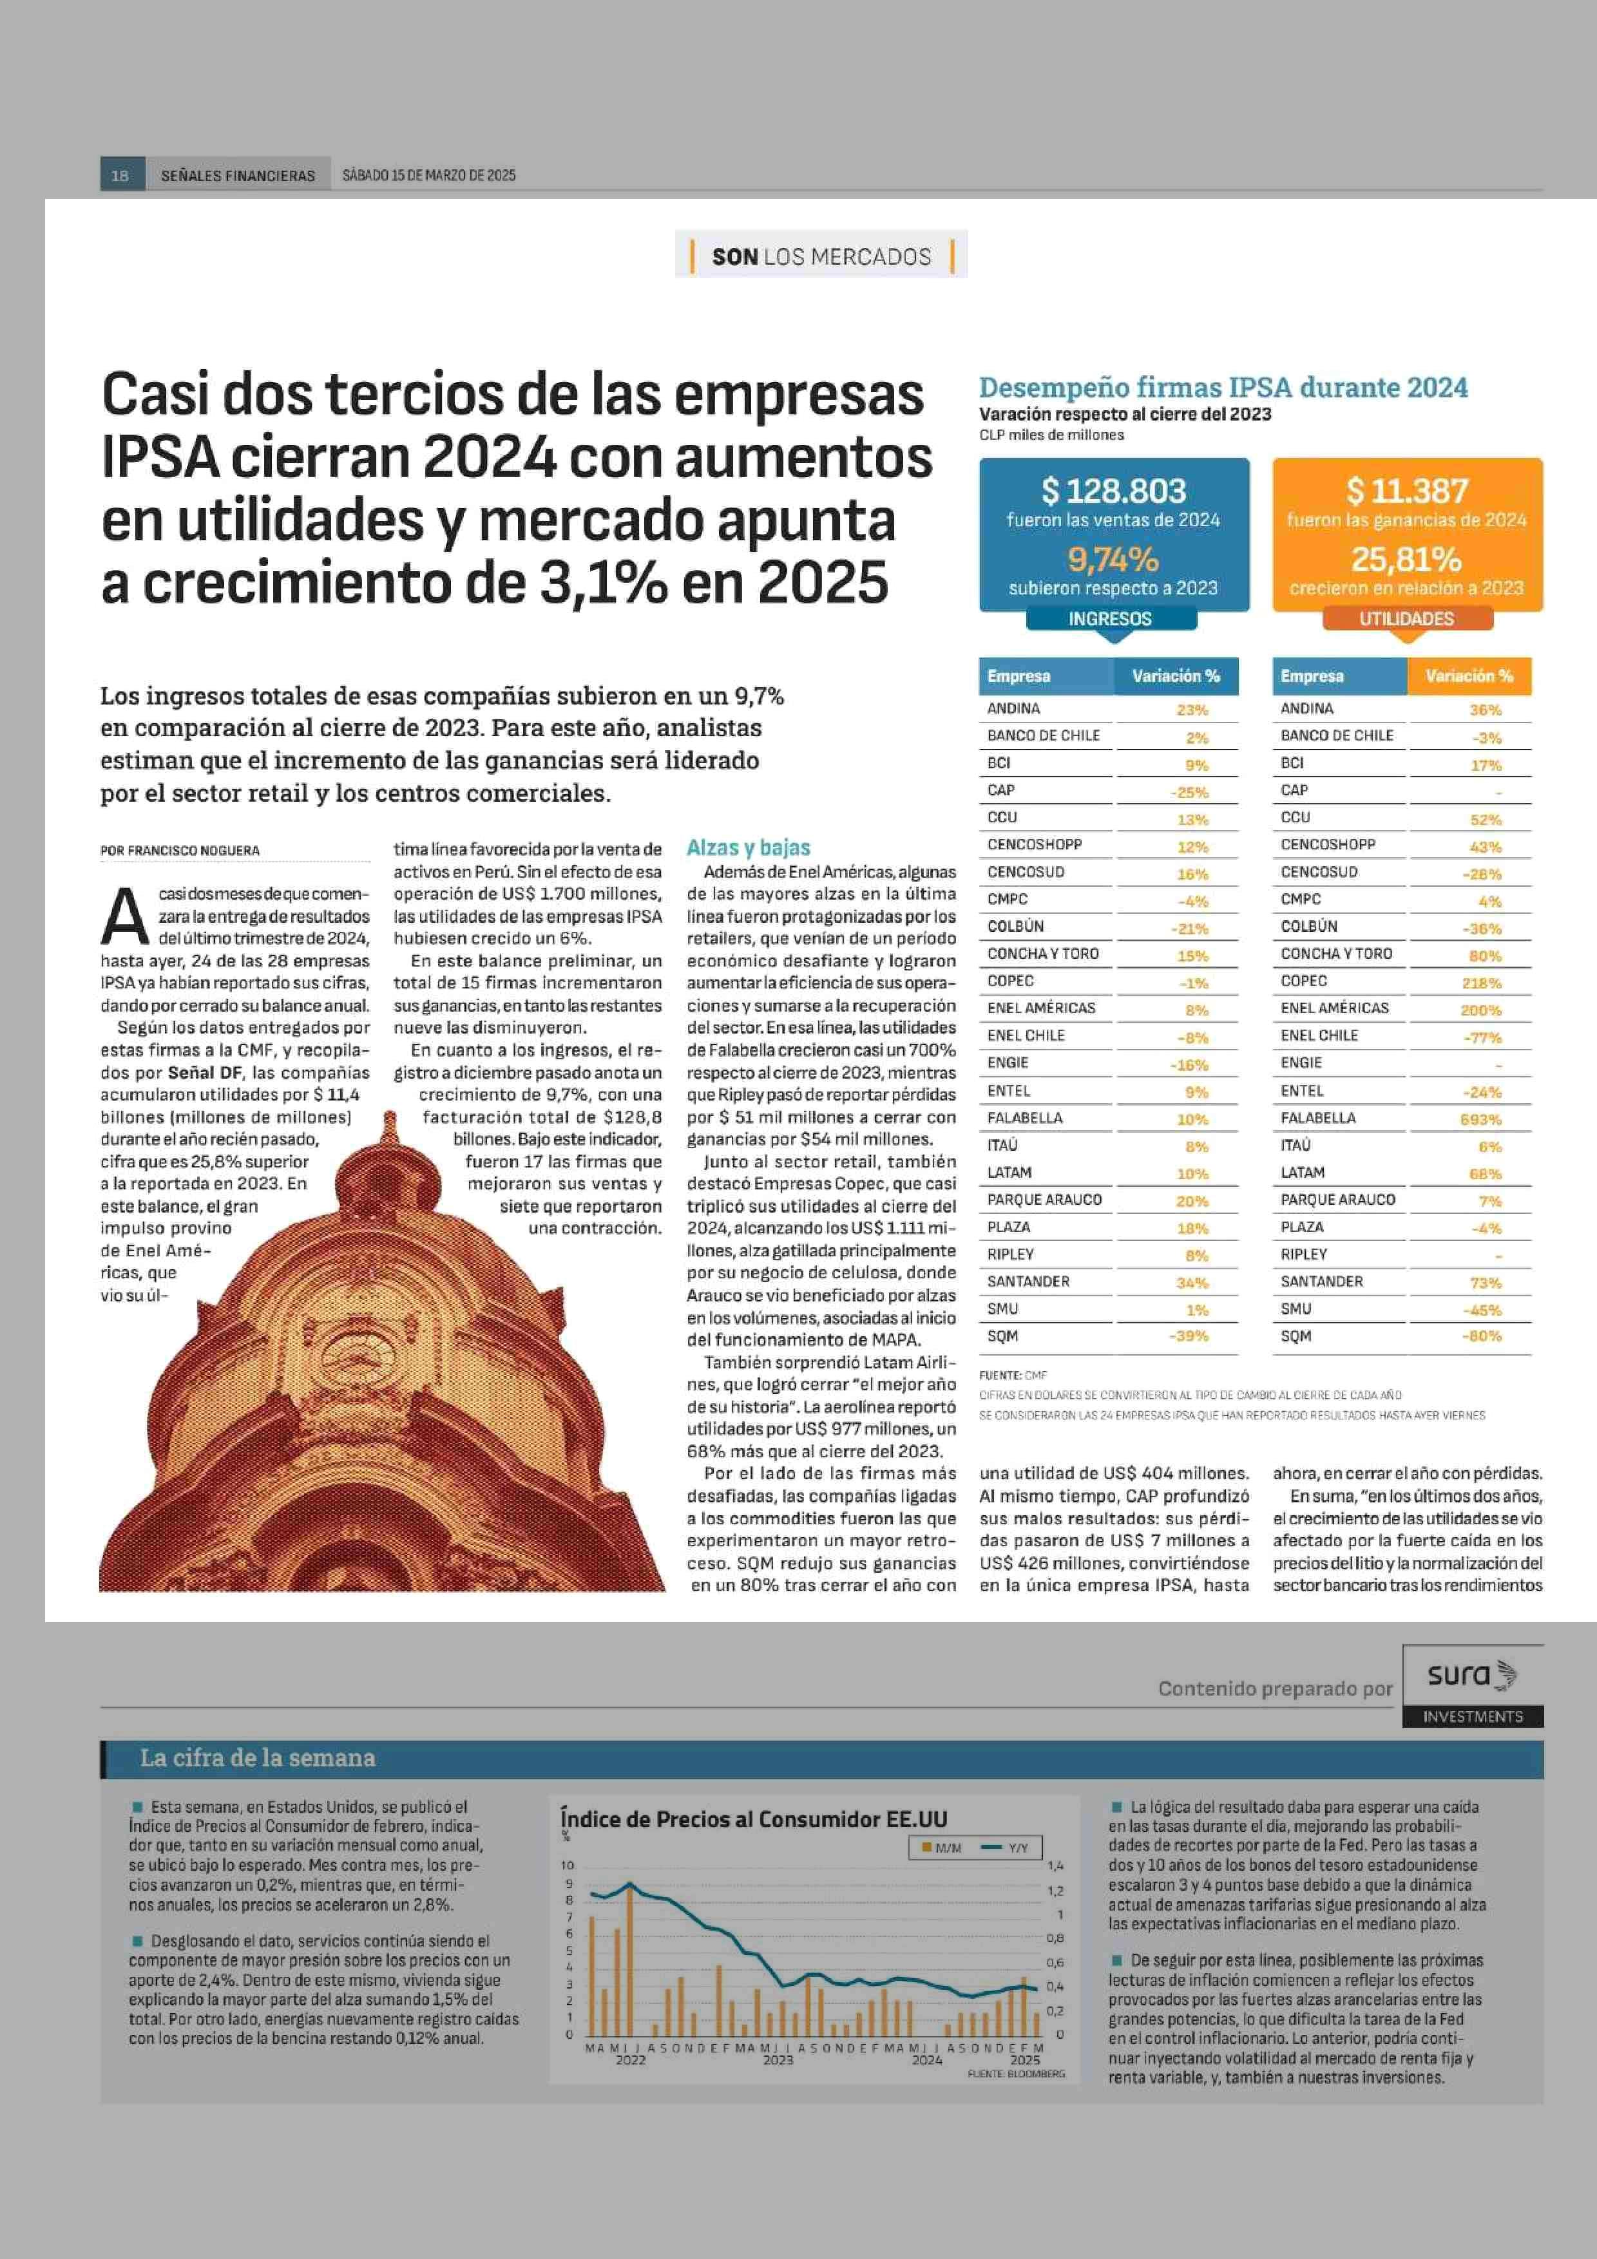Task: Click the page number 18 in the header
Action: pos(120,175)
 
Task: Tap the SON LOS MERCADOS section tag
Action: pos(821,257)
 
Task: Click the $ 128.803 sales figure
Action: pos(1114,490)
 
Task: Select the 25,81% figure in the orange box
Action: pos(1406,559)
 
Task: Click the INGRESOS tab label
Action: pos(1110,619)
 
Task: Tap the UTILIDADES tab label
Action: pos(1406,619)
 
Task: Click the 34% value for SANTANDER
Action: pos(1192,1283)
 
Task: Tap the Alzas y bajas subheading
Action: pos(748,847)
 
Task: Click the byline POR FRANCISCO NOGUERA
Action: pos(180,850)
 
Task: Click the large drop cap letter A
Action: pos(125,914)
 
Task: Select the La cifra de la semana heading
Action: pos(257,1757)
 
